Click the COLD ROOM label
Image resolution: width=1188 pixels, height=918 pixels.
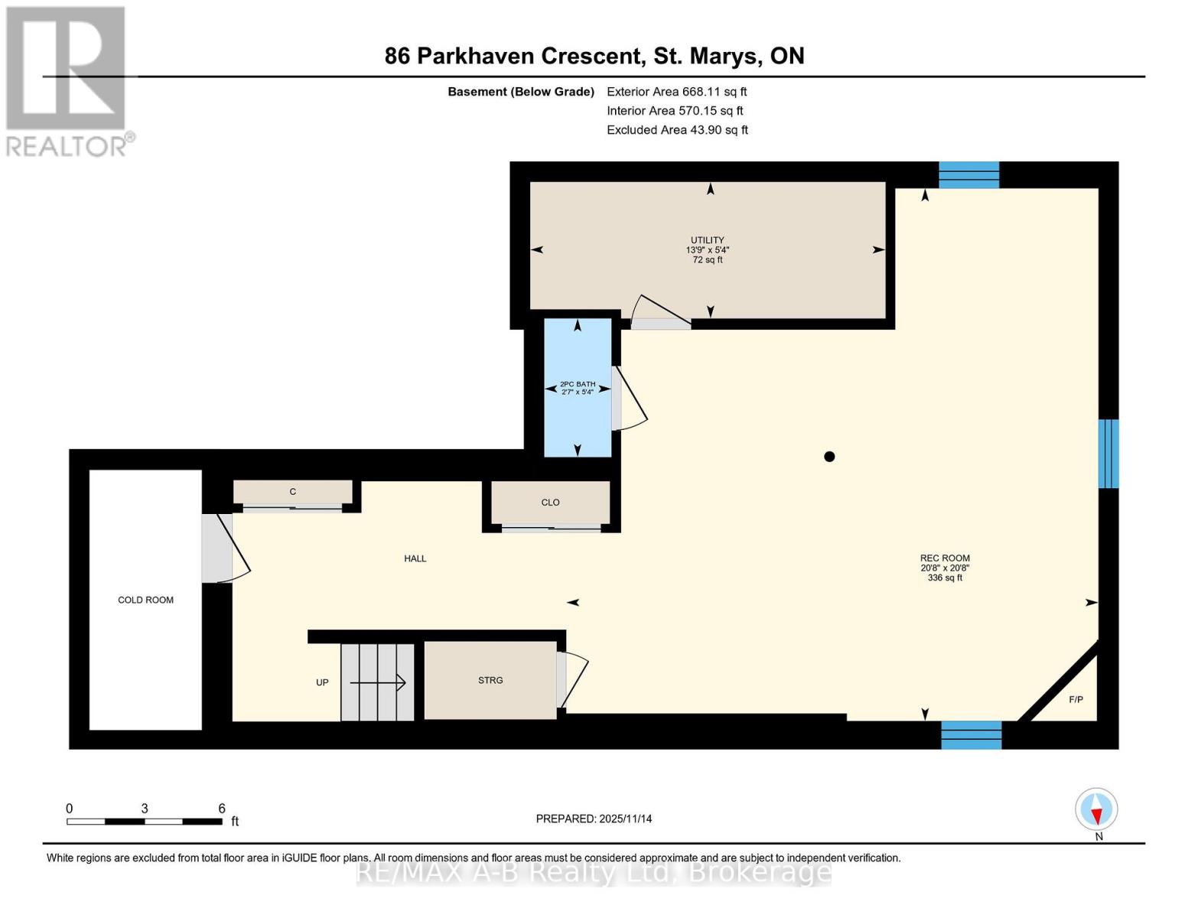click(x=145, y=600)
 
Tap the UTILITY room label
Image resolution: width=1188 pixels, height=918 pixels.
click(x=708, y=240)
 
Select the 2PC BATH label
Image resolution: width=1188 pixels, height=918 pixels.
click(x=578, y=384)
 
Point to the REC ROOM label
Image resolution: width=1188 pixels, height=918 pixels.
click(x=945, y=558)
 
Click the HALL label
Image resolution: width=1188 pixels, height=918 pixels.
click(x=415, y=558)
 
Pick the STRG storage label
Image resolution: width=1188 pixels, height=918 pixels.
click(x=490, y=680)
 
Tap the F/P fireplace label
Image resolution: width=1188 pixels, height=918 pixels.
click(x=1076, y=699)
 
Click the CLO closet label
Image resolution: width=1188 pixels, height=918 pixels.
click(x=551, y=503)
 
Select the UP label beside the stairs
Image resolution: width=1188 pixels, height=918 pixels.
click(x=322, y=682)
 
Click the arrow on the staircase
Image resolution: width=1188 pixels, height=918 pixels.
click(x=378, y=682)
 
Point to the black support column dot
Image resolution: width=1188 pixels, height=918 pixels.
click(x=829, y=457)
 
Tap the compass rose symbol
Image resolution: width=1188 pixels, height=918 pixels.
click(x=1096, y=809)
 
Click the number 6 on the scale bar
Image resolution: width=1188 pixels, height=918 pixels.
click(x=221, y=808)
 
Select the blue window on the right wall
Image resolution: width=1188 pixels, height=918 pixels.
click(x=1108, y=453)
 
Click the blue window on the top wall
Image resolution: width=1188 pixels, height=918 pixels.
click(x=969, y=175)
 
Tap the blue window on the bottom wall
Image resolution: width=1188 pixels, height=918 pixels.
click(x=972, y=735)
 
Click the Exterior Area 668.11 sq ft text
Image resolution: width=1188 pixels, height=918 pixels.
click(x=677, y=92)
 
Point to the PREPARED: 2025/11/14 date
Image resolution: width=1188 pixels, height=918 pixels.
click(x=594, y=819)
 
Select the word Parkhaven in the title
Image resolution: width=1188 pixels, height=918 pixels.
click(x=475, y=56)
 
